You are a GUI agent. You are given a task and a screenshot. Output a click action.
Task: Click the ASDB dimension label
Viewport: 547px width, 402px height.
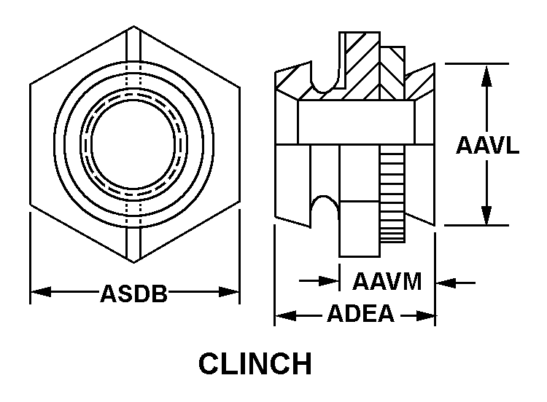pos(134,294)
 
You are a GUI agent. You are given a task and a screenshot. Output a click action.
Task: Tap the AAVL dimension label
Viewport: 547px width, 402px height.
pos(487,145)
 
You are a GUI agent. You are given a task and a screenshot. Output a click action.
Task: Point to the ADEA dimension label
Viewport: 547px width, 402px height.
pos(360,315)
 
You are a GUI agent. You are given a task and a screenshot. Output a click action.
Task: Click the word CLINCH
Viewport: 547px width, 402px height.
pos(255,363)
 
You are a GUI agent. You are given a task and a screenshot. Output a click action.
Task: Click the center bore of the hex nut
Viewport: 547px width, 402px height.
pos(134,143)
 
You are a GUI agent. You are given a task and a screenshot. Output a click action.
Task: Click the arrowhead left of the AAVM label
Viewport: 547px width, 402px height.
pos(332,281)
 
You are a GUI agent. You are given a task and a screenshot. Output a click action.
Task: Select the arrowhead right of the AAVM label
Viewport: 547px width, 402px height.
pos(444,281)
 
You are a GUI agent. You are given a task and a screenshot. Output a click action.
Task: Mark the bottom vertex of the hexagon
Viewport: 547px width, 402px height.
pos(134,259)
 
